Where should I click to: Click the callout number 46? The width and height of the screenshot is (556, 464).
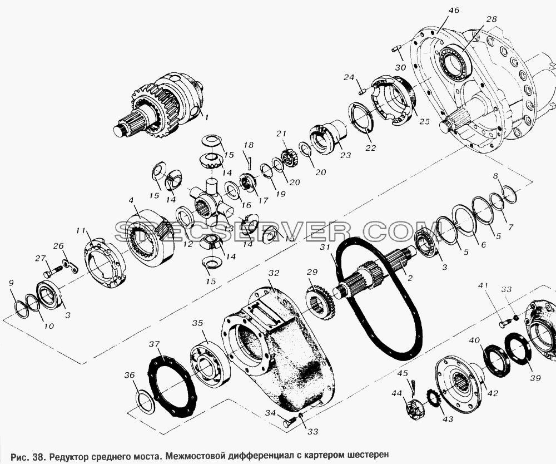pos(454,10)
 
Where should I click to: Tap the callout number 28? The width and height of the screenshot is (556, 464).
pos(492,19)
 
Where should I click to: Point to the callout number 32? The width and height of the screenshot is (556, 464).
pos(274,273)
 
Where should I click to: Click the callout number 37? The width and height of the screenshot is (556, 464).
pos(154,344)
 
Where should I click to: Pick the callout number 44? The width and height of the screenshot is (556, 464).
pos(397,393)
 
